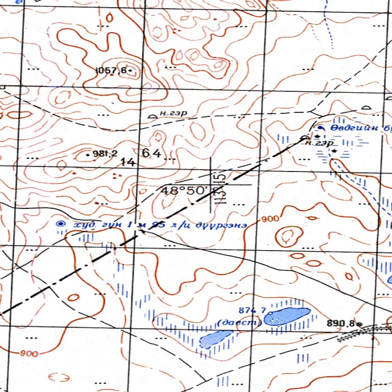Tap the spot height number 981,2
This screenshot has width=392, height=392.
pyautogui.click(x=105, y=153)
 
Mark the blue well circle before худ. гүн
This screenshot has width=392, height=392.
pyautogui.click(x=61, y=224)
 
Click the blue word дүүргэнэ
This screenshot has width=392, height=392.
pyautogui.click(x=225, y=224)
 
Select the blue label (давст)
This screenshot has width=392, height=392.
pyautogui.click(x=239, y=322)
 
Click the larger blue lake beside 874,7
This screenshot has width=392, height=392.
pyautogui.click(x=287, y=314)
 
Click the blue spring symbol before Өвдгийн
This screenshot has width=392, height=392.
pyautogui.click(x=321, y=128)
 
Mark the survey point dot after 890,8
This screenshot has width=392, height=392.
pyautogui.click(x=359, y=324)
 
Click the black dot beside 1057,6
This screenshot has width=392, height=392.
pyautogui.click(x=131, y=69)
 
